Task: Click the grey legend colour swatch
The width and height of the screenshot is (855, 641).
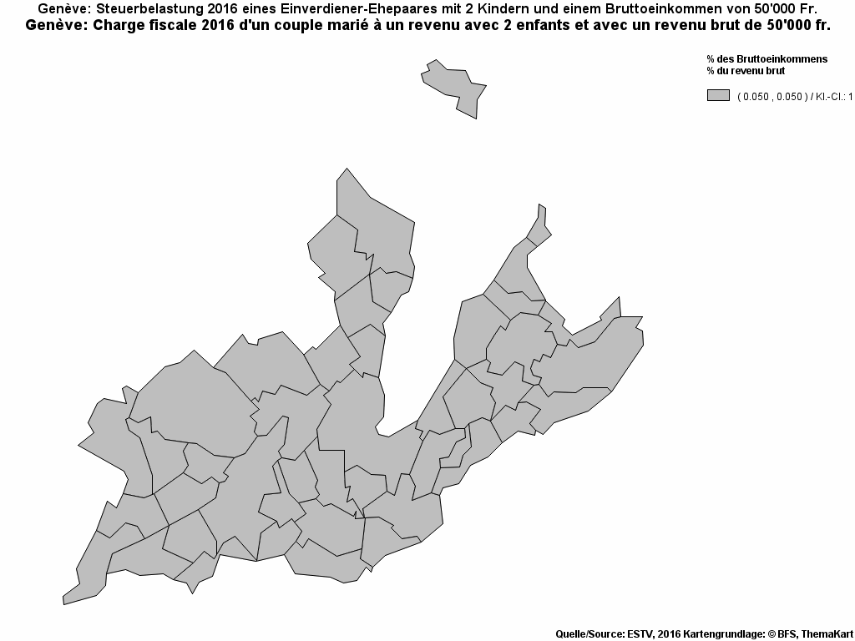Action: [718, 95]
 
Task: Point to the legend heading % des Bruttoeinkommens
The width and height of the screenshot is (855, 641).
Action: [766, 59]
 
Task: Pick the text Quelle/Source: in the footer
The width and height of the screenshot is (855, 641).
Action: [588, 633]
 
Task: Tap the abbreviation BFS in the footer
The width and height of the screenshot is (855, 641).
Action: [789, 633]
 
